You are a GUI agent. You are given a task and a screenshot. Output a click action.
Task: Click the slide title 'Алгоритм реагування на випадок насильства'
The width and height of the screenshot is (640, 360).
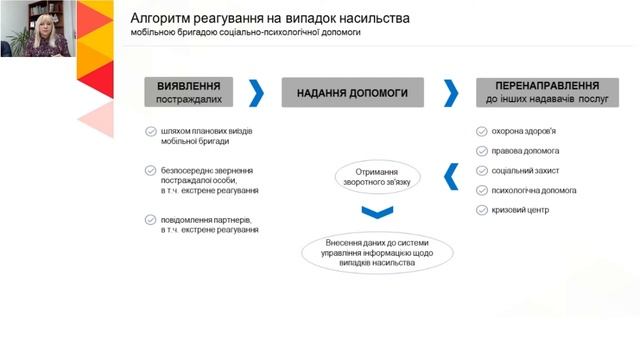click(270, 19)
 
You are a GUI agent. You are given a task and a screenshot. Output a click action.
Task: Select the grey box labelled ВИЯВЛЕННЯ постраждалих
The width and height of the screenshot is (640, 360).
click(195, 93)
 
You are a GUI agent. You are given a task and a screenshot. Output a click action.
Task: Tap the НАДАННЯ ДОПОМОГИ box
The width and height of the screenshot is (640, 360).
click(352, 93)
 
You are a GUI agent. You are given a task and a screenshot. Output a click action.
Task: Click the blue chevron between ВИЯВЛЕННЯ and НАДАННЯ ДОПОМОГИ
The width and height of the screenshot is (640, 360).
click(258, 93)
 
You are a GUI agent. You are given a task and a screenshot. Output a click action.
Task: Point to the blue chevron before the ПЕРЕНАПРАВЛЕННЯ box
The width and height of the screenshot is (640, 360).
click(451, 93)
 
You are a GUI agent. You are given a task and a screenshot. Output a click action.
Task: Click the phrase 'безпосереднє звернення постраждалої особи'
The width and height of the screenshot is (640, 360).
click(207, 175)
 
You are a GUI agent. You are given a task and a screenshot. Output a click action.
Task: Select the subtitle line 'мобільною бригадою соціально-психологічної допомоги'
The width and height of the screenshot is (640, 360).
click(244, 34)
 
